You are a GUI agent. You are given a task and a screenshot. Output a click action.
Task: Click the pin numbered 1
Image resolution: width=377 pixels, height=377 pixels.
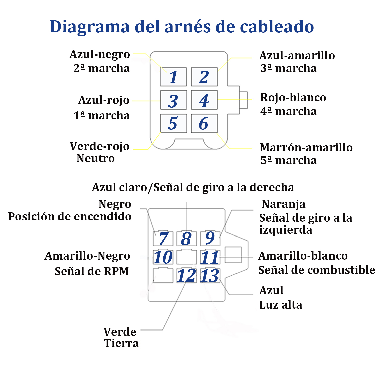coord(173,77)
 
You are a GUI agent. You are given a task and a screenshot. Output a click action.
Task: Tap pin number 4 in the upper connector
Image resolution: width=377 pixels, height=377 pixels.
coord(204,100)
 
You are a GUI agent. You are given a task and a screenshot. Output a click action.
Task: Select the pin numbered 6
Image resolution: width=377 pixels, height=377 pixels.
coord(204,123)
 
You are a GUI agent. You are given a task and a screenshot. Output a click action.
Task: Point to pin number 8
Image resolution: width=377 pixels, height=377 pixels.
coord(186,239)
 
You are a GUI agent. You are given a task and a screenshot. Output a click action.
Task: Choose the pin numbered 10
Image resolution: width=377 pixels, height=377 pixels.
coord(163,257)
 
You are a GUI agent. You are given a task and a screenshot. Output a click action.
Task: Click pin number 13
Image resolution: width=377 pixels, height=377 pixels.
coord(210,276)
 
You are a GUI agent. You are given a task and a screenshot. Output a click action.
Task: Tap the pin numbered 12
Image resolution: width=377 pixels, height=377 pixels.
coord(186,276)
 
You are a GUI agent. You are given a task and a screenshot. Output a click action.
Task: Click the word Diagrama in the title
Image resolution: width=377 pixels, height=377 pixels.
coord(90,27)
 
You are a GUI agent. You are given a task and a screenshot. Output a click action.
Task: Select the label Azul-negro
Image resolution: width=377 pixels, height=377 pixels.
coord(100,54)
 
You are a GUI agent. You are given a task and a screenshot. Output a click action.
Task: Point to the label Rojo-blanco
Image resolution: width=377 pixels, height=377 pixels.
coord(293,98)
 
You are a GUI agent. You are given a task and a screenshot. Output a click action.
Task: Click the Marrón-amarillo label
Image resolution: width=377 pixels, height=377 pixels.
coord(306,148)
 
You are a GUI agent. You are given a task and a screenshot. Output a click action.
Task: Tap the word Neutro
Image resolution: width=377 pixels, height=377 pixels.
coord(96,158)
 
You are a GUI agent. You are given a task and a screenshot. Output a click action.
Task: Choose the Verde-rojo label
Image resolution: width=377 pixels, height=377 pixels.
coord(100,146)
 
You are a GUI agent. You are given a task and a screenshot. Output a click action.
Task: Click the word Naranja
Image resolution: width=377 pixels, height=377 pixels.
coord(284,204)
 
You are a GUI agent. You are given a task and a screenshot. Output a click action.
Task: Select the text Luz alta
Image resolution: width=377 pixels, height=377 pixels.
coord(281,305)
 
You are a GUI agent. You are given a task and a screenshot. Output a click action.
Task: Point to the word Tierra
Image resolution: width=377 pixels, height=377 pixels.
coord(122,343)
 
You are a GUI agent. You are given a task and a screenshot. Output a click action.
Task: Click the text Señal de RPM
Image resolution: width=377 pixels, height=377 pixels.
coord(92,271)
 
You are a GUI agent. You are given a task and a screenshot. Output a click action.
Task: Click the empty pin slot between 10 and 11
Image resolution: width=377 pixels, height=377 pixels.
coord(186,257)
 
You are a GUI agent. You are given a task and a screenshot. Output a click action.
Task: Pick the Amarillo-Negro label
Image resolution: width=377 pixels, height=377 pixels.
coord(87,256)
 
